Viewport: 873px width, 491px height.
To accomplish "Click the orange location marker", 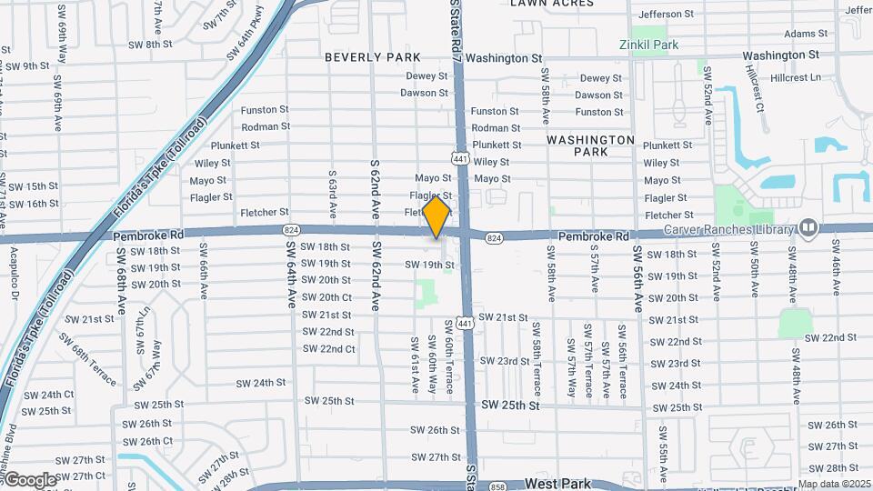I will [436, 217].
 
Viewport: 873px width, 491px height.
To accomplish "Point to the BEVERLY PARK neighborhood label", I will [373, 57].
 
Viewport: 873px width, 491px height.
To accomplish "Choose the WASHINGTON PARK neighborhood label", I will [590, 145].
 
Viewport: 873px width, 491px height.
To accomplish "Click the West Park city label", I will [557, 483].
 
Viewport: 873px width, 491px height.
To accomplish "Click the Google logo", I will [29, 480].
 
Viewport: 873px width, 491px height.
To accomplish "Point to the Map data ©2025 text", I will [834, 484].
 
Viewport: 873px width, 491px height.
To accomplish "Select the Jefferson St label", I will [666, 15].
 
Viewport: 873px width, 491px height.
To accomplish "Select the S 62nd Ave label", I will [375, 189].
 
